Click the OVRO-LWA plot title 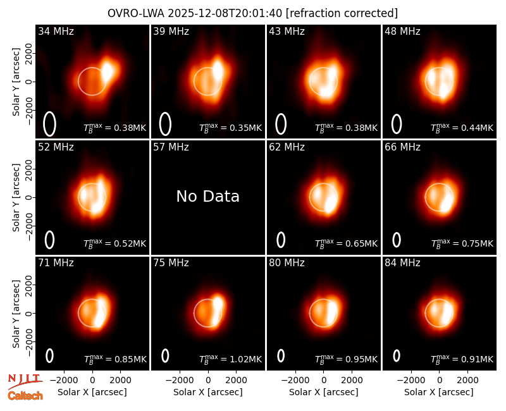[x=252, y=13]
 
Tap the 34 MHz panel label [x=56, y=31]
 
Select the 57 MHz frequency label [x=171, y=147]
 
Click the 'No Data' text [x=208, y=196]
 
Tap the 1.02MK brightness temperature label [x=230, y=359]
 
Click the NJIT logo [x=25, y=381]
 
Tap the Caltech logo [x=25, y=396]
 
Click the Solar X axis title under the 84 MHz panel [x=439, y=392]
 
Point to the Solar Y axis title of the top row [x=16, y=82]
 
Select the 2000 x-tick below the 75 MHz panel [x=236, y=380]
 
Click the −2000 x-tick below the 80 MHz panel [x=295, y=380]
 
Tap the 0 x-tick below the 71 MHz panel [x=92, y=380]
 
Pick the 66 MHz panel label [x=402, y=147]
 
